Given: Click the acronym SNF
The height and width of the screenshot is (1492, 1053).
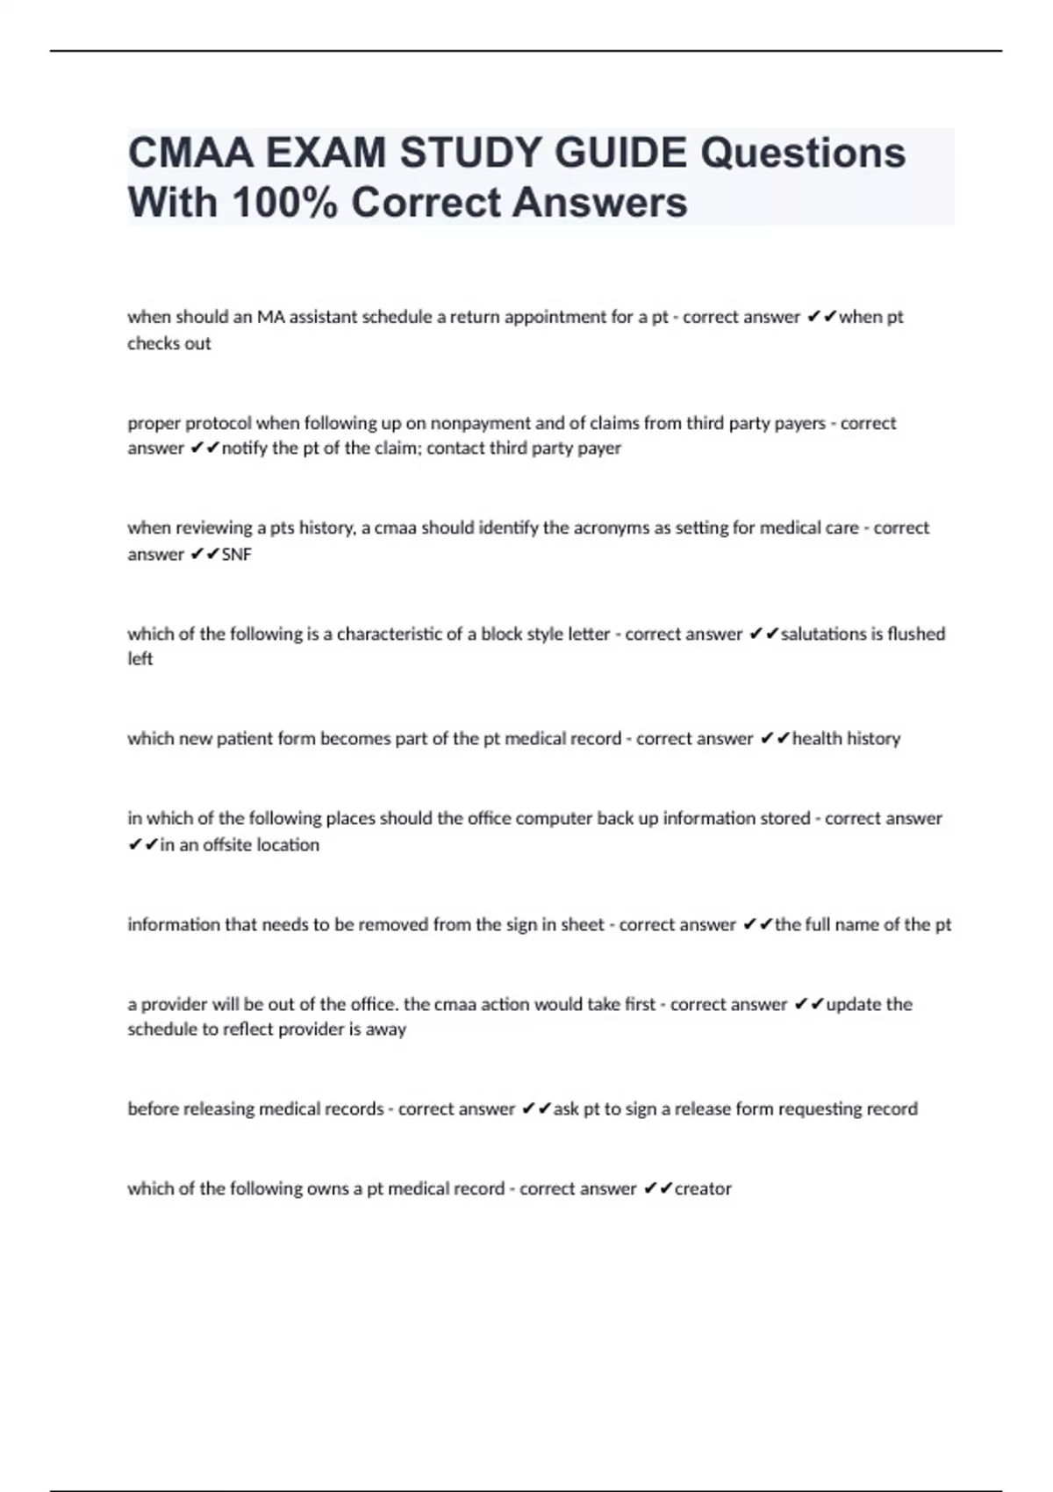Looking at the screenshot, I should pos(237,555).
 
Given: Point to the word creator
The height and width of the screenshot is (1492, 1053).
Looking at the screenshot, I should pos(703,1189).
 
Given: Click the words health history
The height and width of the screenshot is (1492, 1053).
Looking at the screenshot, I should pos(846,739).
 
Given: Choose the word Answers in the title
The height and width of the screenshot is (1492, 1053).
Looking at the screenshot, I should pos(599,203).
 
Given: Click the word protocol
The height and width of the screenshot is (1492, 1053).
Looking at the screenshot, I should pos(221,423).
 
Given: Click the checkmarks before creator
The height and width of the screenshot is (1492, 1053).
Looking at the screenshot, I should pos(657,1189).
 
